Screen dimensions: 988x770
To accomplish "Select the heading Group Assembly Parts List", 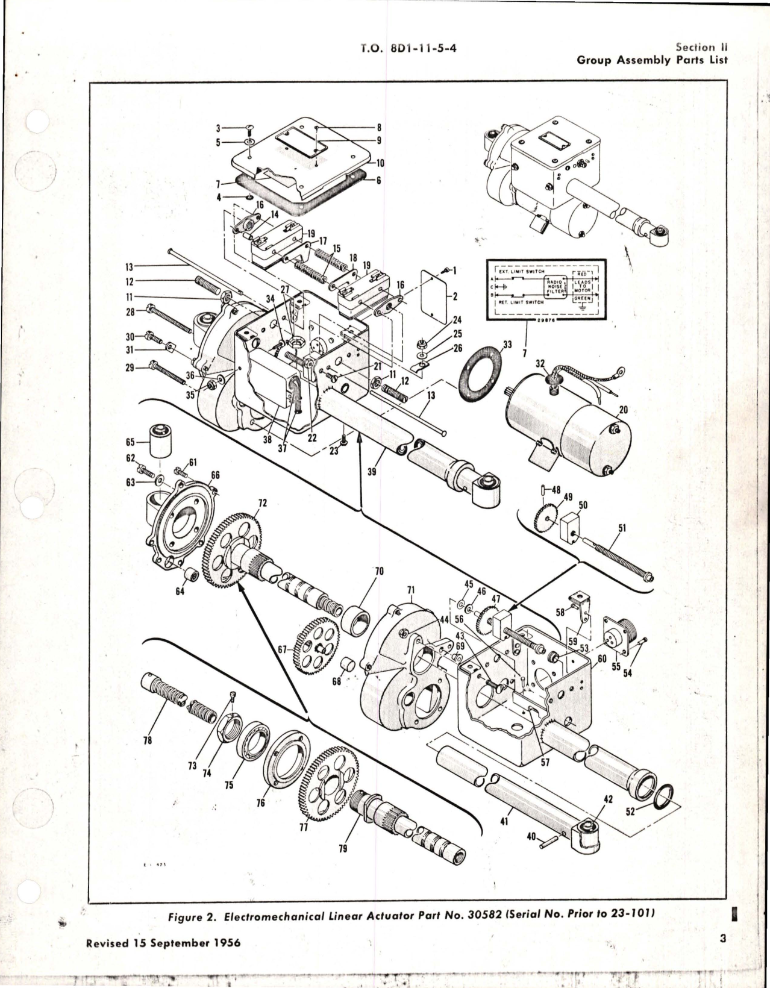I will [652, 60].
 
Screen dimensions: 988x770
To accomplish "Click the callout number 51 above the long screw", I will [622, 528].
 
